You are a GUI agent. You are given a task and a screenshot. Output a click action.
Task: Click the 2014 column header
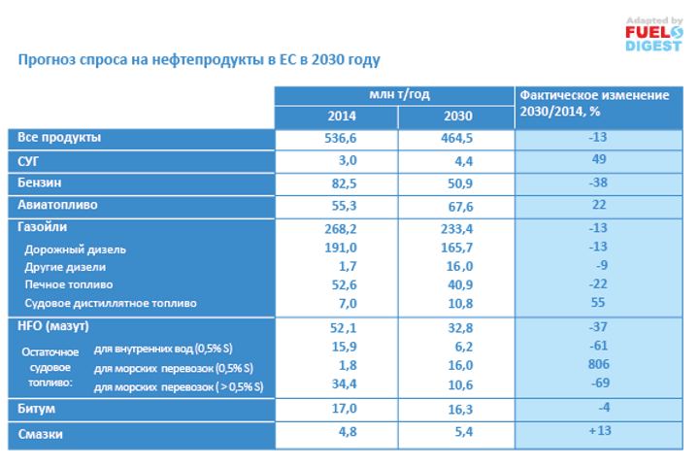(x=335, y=116)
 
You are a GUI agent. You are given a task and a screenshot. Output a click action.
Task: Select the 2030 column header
(x=456, y=116)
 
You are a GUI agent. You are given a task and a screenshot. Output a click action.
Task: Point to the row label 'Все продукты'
(x=59, y=138)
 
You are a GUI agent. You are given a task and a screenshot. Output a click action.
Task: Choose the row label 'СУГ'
(x=28, y=160)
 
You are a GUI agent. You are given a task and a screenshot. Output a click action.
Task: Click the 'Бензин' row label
(x=39, y=183)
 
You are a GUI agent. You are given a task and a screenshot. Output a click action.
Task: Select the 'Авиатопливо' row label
(x=58, y=205)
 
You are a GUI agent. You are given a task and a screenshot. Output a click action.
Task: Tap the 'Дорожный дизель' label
(x=75, y=250)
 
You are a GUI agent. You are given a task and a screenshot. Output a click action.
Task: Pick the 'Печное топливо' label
(x=68, y=284)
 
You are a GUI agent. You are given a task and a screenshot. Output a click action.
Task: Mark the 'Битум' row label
(x=36, y=408)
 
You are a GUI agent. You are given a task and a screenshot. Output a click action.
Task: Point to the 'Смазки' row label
(x=41, y=434)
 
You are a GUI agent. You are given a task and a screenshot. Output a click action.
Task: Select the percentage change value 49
(x=598, y=159)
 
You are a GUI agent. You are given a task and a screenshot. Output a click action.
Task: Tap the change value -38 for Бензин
(x=598, y=182)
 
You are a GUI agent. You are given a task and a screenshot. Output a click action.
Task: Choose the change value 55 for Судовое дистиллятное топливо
(x=598, y=303)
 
